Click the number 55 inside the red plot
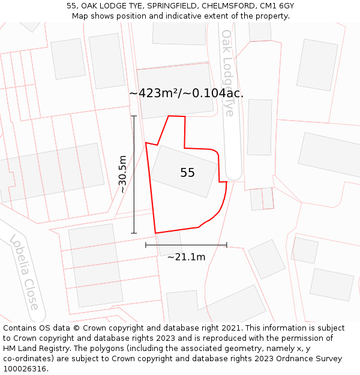pyautogui.click(x=187, y=173)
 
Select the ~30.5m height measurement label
pyautogui.click(x=122, y=174)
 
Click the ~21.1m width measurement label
pyautogui.click(x=186, y=257)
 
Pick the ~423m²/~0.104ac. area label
pyautogui.click(x=186, y=93)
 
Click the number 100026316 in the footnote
pyautogui.click(x=25, y=368)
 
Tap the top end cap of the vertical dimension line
pyautogui.click(x=134, y=116)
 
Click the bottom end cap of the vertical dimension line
pyautogui.click(x=134, y=233)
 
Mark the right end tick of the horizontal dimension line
pyautogui.click(x=227, y=245)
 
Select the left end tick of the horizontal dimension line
pyautogui.click(x=146, y=245)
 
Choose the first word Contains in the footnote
pyautogui.click(x=20, y=328)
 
